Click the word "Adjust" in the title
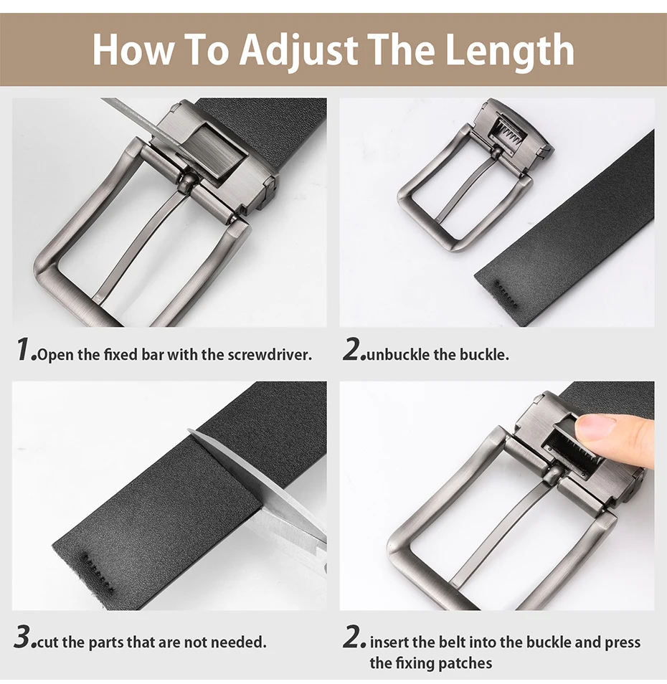coord(299,49)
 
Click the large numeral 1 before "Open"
coord(24,349)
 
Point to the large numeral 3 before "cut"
coord(23,637)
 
